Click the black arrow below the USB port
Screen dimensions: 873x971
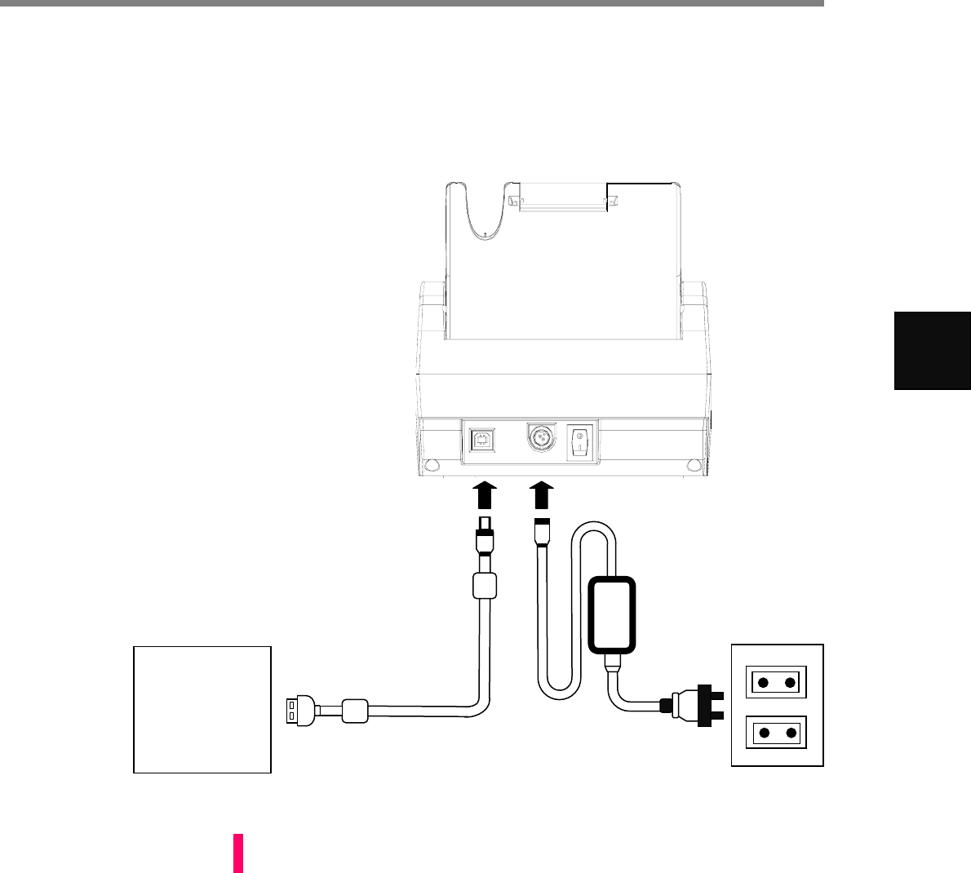coord(484,494)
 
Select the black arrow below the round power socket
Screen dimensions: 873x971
coord(541,494)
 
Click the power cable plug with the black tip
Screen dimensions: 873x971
coord(541,533)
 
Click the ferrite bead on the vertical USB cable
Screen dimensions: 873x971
coord(485,585)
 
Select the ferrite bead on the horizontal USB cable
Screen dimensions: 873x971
coord(356,711)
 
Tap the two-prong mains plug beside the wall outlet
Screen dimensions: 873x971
coord(692,703)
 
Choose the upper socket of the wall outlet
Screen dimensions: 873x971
coord(777,682)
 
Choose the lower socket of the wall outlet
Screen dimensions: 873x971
coord(777,733)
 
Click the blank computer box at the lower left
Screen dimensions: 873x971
coord(202,709)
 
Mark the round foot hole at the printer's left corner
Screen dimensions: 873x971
coord(432,466)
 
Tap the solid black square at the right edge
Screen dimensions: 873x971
coord(932,350)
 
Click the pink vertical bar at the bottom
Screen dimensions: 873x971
coord(238,853)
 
